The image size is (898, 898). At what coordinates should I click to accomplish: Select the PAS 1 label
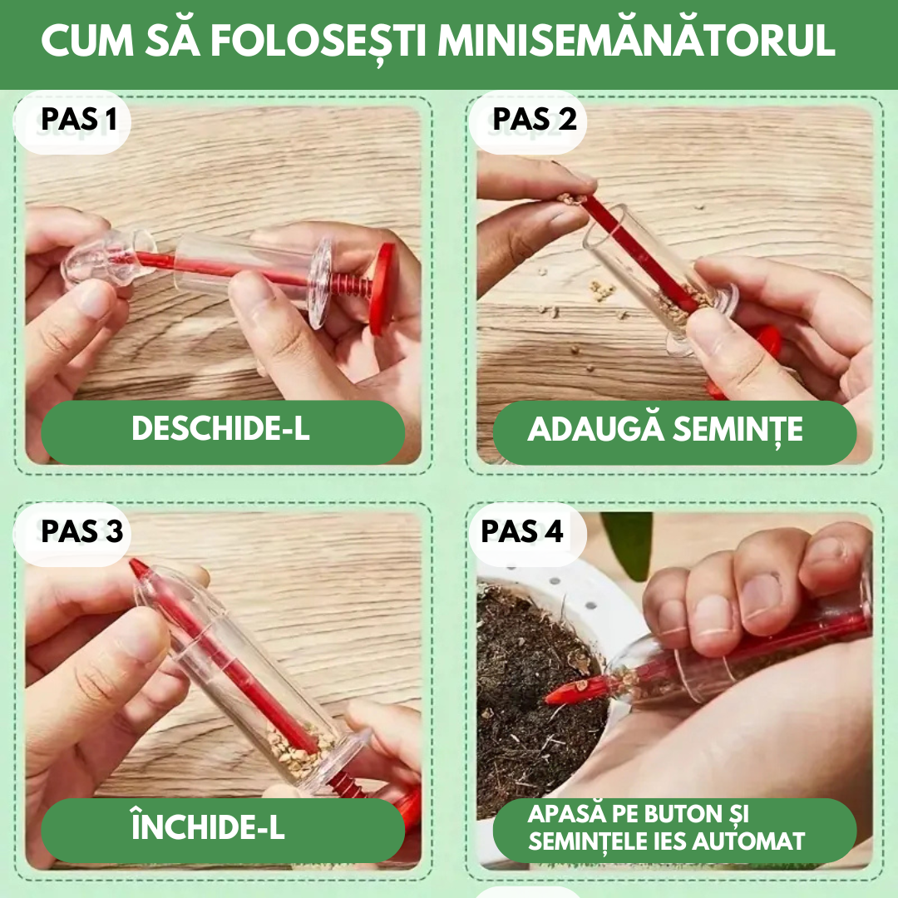[x=79, y=121]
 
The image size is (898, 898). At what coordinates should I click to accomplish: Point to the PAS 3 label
[x=81, y=531]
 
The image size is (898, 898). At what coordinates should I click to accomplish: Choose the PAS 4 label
[x=522, y=531]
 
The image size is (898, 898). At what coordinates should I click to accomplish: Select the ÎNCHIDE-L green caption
[x=209, y=827]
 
